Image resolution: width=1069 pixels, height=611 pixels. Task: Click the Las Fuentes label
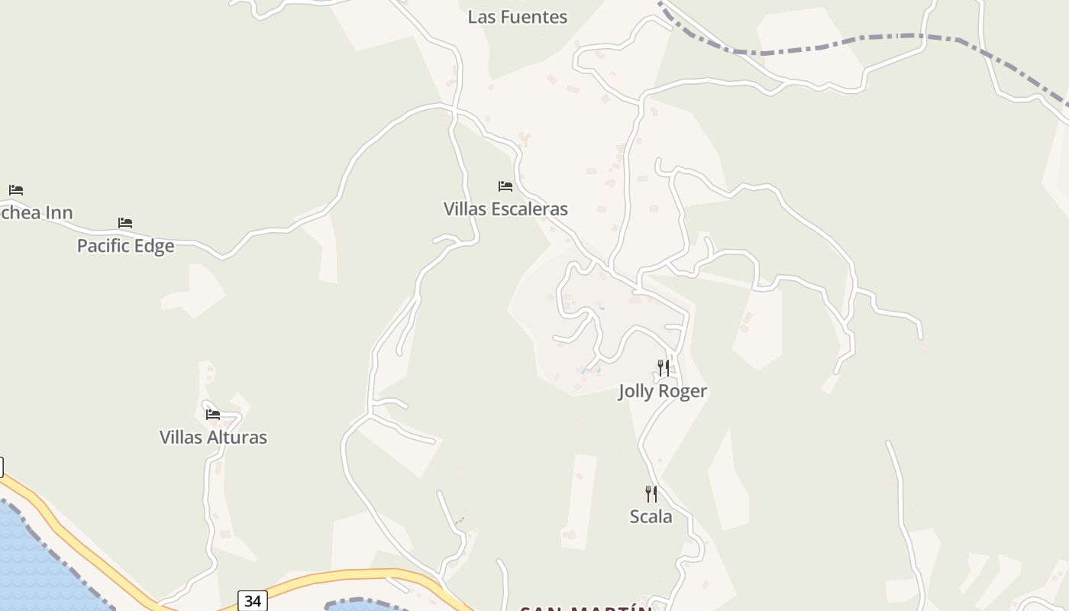(517, 17)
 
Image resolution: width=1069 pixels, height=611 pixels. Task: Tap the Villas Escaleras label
(505, 209)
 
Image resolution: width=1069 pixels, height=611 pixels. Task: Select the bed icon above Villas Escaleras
(505, 186)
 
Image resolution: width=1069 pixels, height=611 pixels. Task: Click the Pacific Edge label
(125, 246)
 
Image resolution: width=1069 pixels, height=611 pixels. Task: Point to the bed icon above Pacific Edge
(125, 223)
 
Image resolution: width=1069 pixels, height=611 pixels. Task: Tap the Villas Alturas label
(213, 437)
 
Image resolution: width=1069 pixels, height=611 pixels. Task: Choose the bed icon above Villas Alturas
(213, 415)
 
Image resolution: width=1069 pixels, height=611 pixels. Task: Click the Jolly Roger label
(662, 391)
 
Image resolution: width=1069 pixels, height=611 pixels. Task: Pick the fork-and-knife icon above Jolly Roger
(663, 368)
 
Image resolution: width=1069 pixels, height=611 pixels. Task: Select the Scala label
(651, 516)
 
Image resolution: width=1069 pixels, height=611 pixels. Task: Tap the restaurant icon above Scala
(651, 493)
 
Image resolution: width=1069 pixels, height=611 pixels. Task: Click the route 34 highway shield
(252, 601)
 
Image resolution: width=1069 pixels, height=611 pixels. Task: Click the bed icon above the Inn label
(16, 189)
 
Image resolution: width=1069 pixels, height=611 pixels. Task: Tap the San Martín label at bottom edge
(586, 608)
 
